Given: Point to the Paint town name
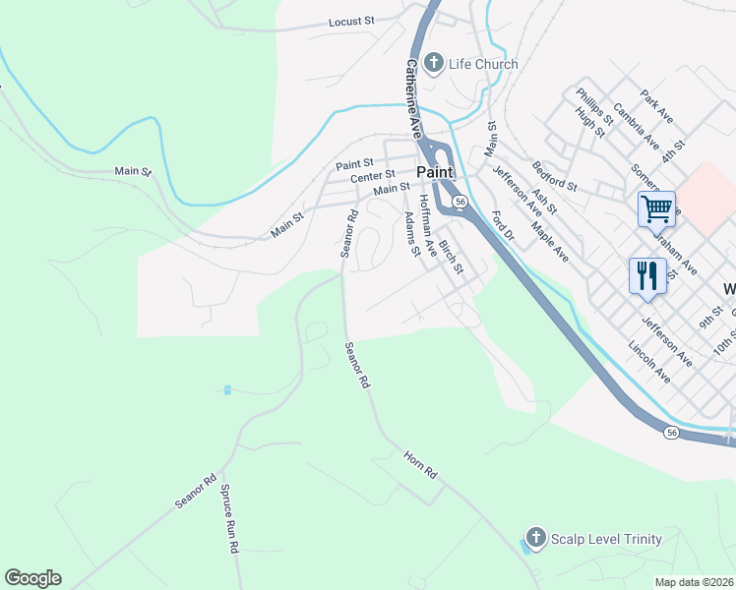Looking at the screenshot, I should [x=434, y=172].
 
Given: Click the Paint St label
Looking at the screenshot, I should [x=354, y=163].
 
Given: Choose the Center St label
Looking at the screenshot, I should [x=372, y=176].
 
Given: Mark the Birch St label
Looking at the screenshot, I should [x=451, y=258].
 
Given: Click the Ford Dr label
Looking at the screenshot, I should [x=503, y=225].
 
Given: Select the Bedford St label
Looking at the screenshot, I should [x=554, y=174].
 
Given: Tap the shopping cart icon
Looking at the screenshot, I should [x=656, y=208].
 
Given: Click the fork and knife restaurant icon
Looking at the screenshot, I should [x=646, y=274].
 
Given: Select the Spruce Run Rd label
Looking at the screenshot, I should [x=229, y=518].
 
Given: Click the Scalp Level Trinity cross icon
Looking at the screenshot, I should [x=535, y=538].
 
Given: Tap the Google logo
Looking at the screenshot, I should [x=32, y=578].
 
